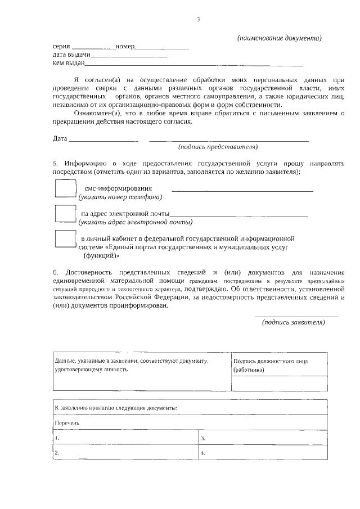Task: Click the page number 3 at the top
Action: point(198,19)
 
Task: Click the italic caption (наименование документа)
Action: point(279,38)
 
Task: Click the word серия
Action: point(61,46)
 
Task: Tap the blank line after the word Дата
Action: point(103,138)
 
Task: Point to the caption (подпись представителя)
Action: point(218,147)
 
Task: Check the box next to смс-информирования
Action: point(65,188)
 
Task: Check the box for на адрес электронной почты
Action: point(65,214)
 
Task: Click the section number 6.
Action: point(55,272)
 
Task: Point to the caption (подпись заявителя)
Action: point(294,322)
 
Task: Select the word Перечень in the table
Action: point(67,422)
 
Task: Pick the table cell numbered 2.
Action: point(124,452)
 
